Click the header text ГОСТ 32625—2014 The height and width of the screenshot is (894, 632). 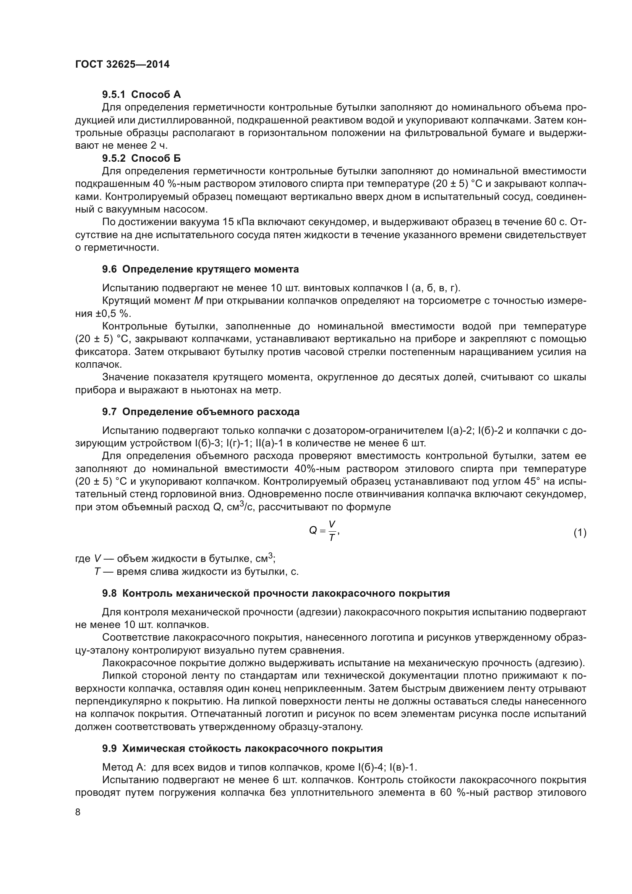point(122,65)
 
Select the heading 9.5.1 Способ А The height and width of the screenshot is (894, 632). point(141,94)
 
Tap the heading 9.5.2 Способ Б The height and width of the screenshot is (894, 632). point(141,158)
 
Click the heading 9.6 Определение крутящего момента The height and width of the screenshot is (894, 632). point(201,269)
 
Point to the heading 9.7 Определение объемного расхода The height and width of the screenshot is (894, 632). point(201,412)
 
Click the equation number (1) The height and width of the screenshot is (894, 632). point(580,532)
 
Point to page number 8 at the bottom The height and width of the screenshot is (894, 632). point(78,812)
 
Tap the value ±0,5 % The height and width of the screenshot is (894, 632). point(112,313)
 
